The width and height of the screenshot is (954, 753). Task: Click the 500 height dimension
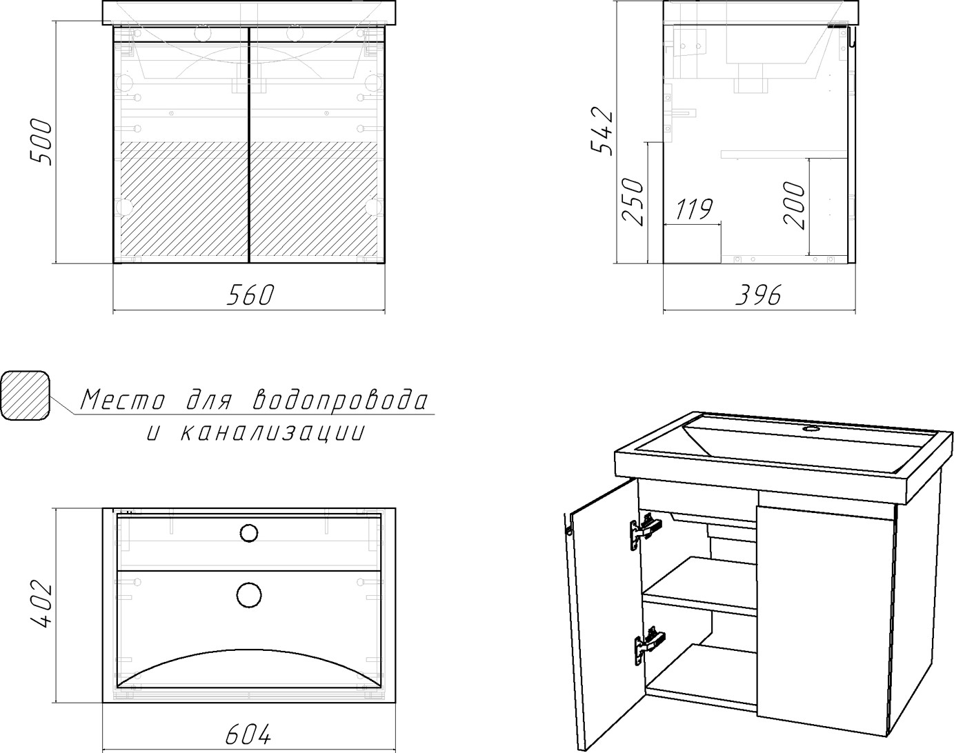tap(41, 142)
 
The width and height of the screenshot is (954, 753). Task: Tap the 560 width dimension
tap(250, 295)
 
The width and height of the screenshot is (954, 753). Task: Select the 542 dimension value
tap(602, 131)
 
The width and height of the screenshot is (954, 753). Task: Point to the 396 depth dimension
tap(759, 295)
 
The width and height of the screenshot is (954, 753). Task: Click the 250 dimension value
tap(632, 201)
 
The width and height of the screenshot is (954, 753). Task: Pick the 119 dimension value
tap(694, 209)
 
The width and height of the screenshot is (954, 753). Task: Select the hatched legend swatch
tap(26, 396)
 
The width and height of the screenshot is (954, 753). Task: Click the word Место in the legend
tap(123, 400)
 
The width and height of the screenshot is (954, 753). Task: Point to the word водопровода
tap(341, 400)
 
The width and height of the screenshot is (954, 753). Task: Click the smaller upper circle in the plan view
tap(249, 533)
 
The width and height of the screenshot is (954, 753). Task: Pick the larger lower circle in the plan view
tap(249, 595)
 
